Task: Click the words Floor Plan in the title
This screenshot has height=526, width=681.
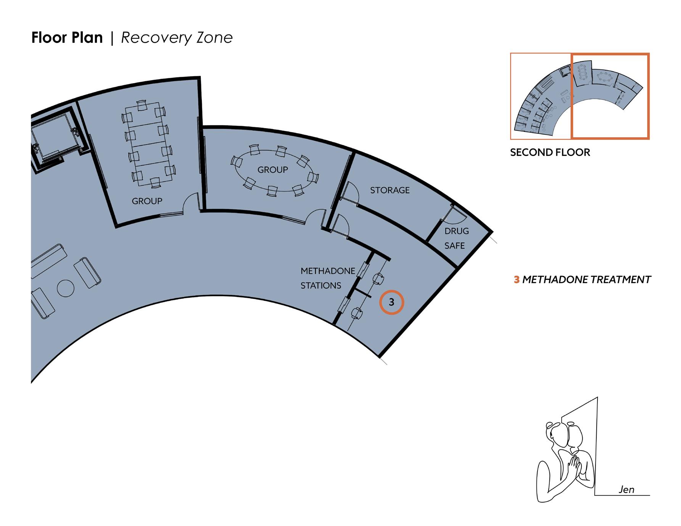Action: pos(67,38)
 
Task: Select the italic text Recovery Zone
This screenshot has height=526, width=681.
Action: pos(177,38)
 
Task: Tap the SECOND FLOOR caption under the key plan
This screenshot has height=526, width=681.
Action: pos(550,152)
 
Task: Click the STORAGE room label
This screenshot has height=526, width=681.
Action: pos(390,190)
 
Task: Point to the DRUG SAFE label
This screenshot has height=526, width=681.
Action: pos(456,238)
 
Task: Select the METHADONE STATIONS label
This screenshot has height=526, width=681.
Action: pos(327,278)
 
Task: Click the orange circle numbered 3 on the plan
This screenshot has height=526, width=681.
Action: pos(391,302)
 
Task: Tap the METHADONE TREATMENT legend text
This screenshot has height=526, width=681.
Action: pos(586,280)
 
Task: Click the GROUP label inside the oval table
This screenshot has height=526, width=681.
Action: pos(272,170)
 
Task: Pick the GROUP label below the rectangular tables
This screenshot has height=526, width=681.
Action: pos(147,201)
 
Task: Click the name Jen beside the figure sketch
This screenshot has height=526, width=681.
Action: pos(626,489)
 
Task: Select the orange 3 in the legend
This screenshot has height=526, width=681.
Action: pos(517,280)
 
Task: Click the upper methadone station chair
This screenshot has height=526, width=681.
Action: pos(378,279)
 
